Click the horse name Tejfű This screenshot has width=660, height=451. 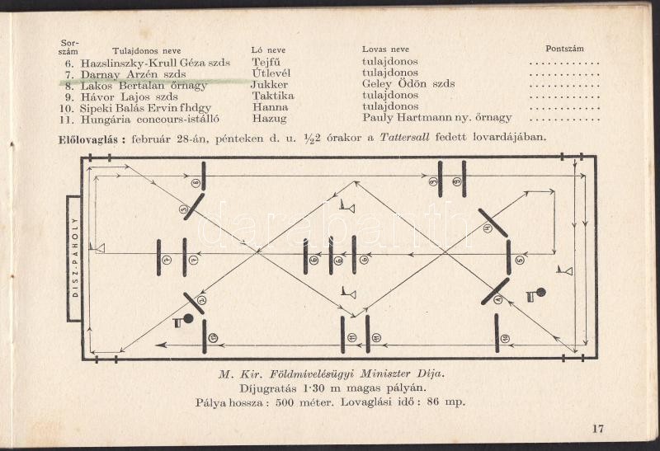pyautogui.click(x=266, y=63)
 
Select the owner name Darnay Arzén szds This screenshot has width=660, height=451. pyautogui.click(x=134, y=74)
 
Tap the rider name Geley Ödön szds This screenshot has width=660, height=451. pyautogui.click(x=408, y=84)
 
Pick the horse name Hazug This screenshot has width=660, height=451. pyautogui.click(x=270, y=119)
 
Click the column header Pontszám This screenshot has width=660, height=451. pyautogui.click(x=565, y=49)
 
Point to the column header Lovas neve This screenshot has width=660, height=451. pyautogui.click(x=385, y=49)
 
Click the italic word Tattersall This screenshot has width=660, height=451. pyautogui.click(x=404, y=137)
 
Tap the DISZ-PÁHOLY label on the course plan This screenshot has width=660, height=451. pyautogui.click(x=75, y=257)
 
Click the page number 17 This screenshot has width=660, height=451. pyautogui.click(x=598, y=429)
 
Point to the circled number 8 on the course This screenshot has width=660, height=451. pyautogui.click(x=196, y=182)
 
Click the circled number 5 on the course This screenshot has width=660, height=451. pyautogui.click(x=520, y=260)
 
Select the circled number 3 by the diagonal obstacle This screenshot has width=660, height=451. pyautogui.click(x=183, y=209)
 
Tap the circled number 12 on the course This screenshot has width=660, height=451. pyautogui.click(x=213, y=337)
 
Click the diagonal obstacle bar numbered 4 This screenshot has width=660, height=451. pyautogui.click(x=493, y=223)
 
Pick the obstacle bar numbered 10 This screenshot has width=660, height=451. pyautogui.click(x=497, y=333)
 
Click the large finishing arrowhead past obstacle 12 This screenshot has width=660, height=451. pyautogui.click(x=160, y=345)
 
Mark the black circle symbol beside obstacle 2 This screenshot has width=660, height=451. pyautogui.click(x=188, y=319)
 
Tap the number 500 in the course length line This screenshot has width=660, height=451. pyautogui.click(x=285, y=402)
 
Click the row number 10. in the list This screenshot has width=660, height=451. pyautogui.click(x=67, y=109)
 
